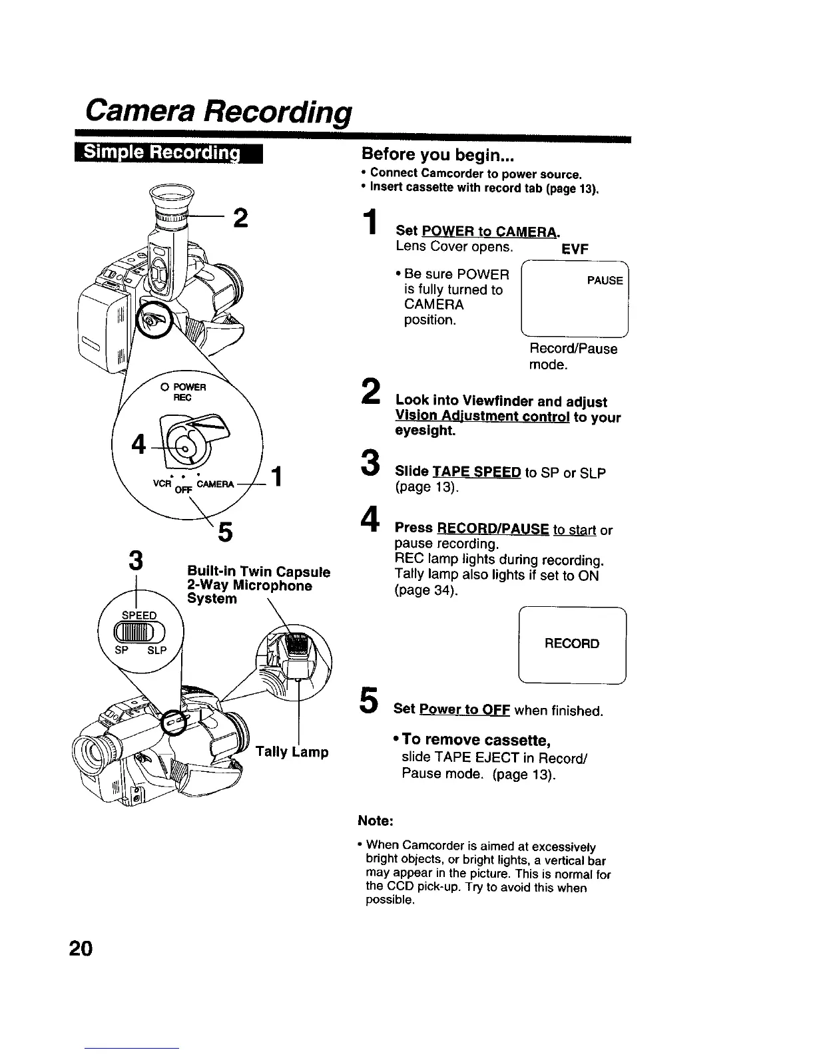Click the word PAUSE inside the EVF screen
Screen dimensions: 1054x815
click(605, 281)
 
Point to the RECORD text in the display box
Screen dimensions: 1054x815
click(571, 643)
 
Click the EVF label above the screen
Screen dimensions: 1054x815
click(574, 249)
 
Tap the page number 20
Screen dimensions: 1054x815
click(82, 948)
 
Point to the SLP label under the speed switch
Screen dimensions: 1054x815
click(156, 650)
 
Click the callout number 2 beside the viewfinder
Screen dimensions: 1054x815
click(240, 218)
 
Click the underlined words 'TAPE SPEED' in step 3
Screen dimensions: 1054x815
click(476, 472)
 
